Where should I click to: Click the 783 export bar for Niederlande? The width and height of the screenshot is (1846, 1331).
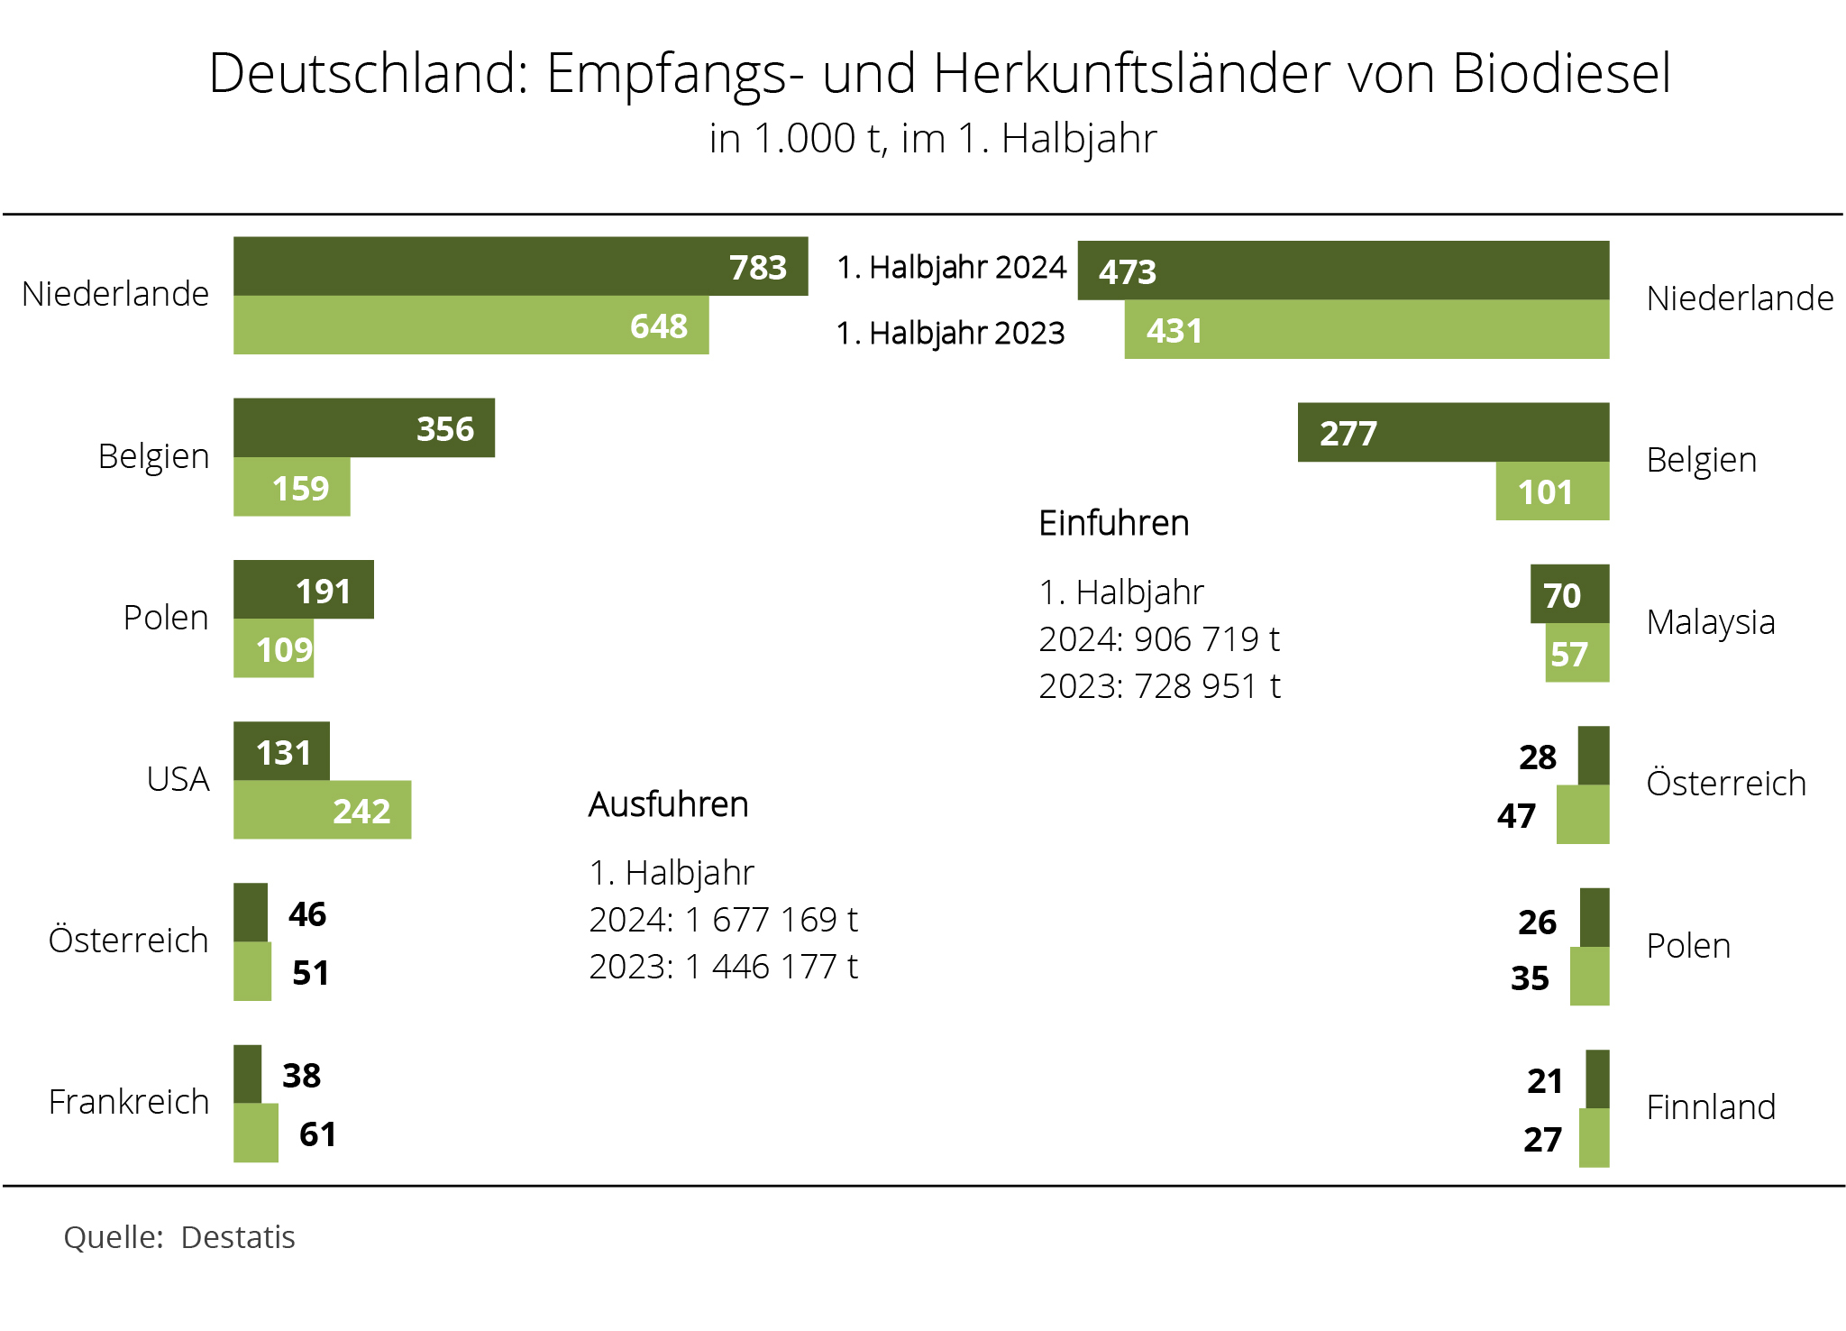520,266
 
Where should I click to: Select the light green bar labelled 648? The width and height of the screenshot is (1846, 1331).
471,326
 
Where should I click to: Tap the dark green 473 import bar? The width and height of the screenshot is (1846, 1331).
1343,271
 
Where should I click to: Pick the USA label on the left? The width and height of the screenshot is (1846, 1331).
178,779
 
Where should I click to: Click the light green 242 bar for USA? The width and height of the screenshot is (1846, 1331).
322,810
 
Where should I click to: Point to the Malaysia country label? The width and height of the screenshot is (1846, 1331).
1710,622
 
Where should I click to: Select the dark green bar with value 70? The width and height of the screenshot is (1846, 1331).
1569,594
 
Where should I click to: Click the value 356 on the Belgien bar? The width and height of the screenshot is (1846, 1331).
445,429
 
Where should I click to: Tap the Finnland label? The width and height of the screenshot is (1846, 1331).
1710,1107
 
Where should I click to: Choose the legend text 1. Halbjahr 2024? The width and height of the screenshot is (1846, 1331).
951,268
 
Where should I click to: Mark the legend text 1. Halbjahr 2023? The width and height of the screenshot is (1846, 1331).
950,334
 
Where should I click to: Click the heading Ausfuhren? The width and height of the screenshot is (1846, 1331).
668,804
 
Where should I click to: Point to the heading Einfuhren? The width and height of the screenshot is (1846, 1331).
1113,523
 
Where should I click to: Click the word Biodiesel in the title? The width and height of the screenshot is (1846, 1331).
1561,73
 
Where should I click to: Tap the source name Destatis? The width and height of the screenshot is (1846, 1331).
238,1237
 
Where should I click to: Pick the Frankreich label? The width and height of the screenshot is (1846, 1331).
128,1102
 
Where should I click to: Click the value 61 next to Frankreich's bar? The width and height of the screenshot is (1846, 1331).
317,1134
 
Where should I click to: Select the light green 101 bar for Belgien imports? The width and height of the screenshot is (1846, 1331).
1552,491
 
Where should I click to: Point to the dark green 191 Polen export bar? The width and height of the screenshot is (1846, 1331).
303,590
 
